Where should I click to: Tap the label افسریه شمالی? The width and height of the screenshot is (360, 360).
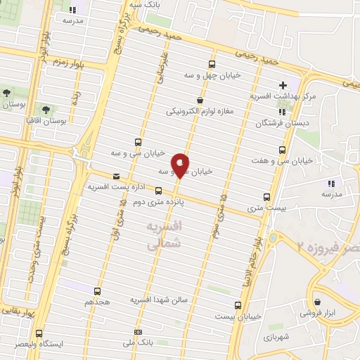[x=166, y=236]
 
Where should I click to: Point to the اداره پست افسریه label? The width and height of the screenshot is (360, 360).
[x=111, y=188]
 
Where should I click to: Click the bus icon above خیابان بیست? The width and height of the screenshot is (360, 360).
[x=238, y=305]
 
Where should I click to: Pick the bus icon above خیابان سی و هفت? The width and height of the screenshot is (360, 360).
[x=282, y=150]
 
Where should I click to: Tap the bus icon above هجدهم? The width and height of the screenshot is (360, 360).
[x=97, y=290]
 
